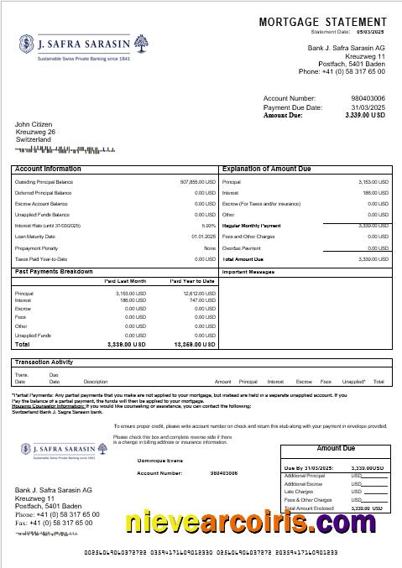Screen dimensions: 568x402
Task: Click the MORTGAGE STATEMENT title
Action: click(x=322, y=22)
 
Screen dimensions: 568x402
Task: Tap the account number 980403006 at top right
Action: click(x=368, y=98)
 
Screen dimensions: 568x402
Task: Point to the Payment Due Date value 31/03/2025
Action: click(x=368, y=107)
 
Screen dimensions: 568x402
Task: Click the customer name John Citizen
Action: click(x=34, y=124)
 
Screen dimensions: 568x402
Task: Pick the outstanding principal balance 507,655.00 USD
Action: click(x=198, y=182)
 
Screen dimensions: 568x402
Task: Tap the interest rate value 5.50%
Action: click(x=209, y=226)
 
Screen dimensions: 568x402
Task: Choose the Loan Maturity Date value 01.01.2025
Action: click(x=204, y=237)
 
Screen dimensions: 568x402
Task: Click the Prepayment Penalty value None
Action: click(x=210, y=248)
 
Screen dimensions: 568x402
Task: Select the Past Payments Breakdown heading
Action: click(x=54, y=272)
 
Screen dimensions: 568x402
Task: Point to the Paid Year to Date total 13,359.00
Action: click(x=194, y=344)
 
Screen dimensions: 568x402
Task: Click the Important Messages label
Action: click(x=248, y=272)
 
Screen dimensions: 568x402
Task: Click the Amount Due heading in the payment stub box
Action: click(x=335, y=449)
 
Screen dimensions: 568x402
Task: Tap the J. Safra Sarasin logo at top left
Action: click(x=66, y=47)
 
